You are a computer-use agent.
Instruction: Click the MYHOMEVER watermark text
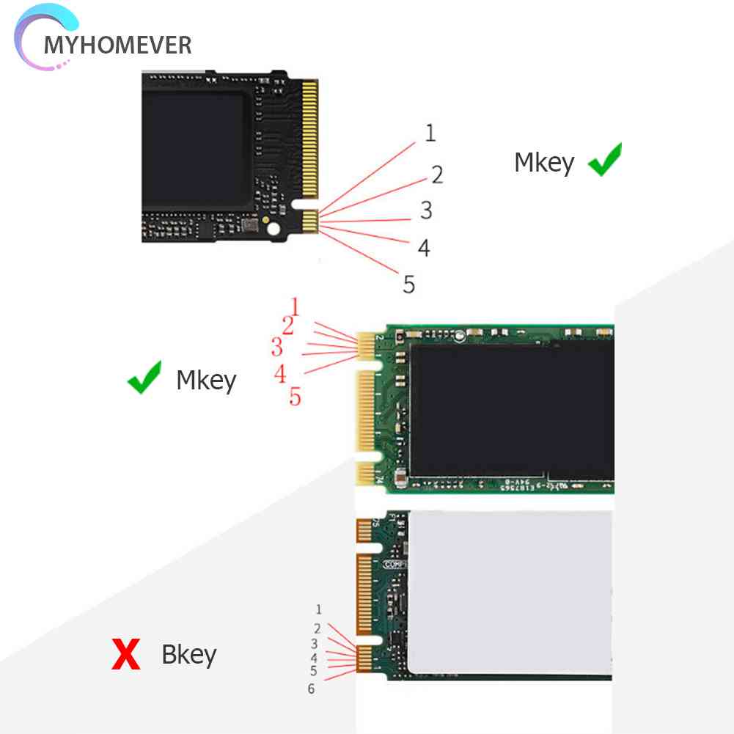click(117, 45)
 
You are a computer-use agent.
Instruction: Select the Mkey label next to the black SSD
click(543, 163)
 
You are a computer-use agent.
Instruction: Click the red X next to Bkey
click(125, 654)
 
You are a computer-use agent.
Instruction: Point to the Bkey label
click(188, 654)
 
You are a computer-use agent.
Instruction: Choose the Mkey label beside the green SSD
click(206, 381)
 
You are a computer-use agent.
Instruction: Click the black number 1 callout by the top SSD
click(430, 133)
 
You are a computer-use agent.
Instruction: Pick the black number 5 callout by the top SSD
click(409, 284)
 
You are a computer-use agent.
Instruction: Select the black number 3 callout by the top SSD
click(426, 210)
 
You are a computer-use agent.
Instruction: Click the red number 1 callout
click(295, 306)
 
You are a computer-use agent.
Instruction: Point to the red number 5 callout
click(295, 397)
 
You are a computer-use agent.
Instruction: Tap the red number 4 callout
click(280, 374)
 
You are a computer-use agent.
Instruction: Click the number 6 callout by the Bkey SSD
click(311, 689)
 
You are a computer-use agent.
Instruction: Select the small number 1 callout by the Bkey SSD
click(318, 609)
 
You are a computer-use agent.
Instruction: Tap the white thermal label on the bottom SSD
click(510, 592)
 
